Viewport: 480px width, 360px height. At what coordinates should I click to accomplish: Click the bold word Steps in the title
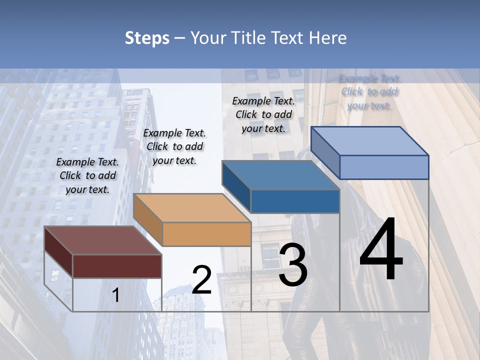pyautogui.click(x=147, y=38)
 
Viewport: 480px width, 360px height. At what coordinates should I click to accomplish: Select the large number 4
pyautogui.click(x=381, y=250)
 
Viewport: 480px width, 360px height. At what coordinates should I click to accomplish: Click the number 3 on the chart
pyautogui.click(x=293, y=265)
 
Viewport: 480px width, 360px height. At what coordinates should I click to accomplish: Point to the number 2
pyautogui.click(x=201, y=280)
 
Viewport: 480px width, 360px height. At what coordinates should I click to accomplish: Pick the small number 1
pyautogui.click(x=115, y=295)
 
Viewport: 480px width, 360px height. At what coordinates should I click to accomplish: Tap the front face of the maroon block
pyautogui.click(x=117, y=266)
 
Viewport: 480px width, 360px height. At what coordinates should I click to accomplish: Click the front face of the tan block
pyautogui.click(x=206, y=234)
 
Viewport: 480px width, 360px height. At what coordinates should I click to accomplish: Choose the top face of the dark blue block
pyautogui.click(x=280, y=175)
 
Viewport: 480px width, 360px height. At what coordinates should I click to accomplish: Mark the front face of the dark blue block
pyautogui.click(x=295, y=201)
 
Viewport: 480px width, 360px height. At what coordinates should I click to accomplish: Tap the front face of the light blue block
pyautogui.click(x=384, y=167)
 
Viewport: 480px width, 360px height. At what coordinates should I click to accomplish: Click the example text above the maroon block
pyautogui.click(x=87, y=175)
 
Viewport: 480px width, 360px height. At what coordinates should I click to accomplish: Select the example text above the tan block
pyautogui.click(x=174, y=146)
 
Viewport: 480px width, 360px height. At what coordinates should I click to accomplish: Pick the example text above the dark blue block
pyautogui.click(x=263, y=114)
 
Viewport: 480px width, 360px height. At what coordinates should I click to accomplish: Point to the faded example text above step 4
pyautogui.click(x=369, y=92)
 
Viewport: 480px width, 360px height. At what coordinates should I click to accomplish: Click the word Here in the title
pyautogui.click(x=328, y=38)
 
